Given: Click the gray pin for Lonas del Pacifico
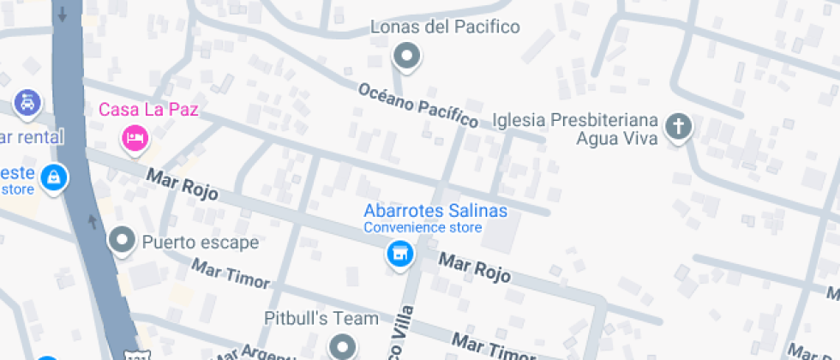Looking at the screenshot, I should click(x=406, y=57).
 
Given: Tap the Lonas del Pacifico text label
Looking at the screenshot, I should click(x=445, y=27).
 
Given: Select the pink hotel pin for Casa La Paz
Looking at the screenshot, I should click(x=135, y=137).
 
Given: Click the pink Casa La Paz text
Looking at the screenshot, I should click(x=148, y=110).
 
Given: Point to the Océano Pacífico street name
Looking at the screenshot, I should click(x=418, y=105).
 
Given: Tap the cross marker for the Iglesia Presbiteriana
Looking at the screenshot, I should click(x=678, y=127).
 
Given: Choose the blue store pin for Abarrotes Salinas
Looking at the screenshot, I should click(x=399, y=254).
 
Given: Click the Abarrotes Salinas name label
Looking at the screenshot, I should click(x=435, y=211).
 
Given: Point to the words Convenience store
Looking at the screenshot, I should click(x=423, y=228).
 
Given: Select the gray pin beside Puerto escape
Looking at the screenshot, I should click(x=123, y=241).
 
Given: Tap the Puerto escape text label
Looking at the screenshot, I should click(x=201, y=243).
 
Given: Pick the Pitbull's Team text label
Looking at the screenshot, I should click(x=321, y=319).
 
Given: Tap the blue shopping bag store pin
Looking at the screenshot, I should click(x=53, y=177).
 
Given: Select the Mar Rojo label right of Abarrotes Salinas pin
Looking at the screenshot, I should click(x=475, y=267).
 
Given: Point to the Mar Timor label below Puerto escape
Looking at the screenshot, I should click(x=230, y=274).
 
